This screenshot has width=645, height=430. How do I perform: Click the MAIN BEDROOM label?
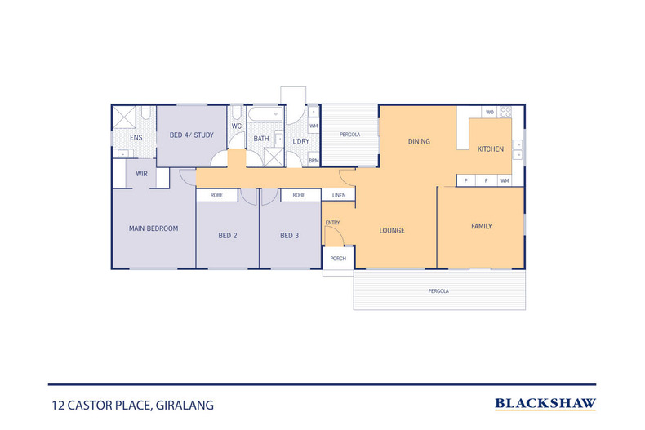153,228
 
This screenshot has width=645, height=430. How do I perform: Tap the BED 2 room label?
227,236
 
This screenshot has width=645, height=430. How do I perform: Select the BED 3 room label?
290,236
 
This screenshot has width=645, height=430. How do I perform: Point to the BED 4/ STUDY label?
191,135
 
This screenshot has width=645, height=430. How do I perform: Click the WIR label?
141,174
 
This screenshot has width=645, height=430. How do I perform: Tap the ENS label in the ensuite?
136,138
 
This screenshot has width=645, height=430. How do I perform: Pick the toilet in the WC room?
236,113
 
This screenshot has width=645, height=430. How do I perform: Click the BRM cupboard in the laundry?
314,161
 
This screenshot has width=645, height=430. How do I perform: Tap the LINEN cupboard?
338,196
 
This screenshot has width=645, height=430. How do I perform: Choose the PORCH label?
338,259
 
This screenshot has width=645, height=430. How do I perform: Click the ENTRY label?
332,223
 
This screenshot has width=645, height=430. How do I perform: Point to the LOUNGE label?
392,230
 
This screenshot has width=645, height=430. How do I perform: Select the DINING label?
419,142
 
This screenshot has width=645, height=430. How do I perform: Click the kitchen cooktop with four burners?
505,113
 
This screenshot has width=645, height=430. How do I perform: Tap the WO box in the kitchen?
490,113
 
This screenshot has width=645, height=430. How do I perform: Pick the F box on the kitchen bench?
486,180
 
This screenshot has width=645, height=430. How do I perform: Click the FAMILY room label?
482,226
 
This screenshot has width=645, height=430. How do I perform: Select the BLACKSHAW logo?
545,403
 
